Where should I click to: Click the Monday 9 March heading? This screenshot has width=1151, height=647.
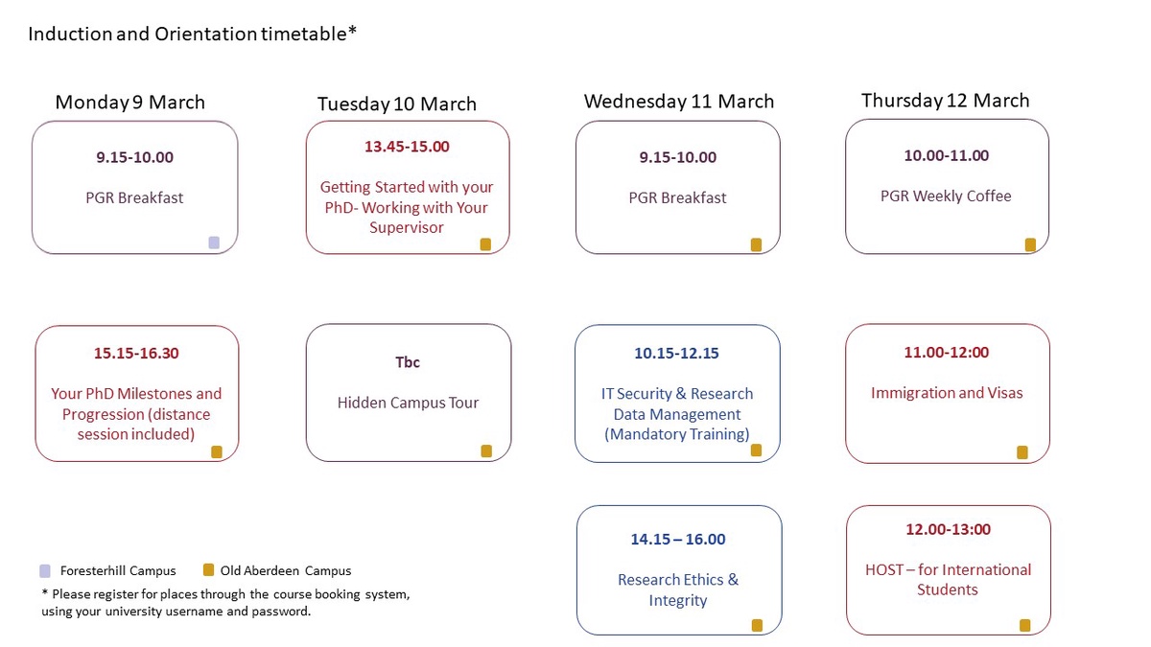point(130,103)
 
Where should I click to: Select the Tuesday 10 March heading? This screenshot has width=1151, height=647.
point(397,104)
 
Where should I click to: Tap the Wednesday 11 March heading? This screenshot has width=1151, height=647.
point(679,102)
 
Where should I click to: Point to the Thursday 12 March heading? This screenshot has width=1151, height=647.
point(946,101)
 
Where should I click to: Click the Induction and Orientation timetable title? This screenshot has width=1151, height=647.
point(193,34)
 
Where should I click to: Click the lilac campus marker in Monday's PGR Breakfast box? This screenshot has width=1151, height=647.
point(214,243)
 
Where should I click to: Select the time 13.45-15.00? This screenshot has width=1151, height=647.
point(407,147)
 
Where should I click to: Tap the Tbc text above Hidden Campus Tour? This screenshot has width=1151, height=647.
point(408,362)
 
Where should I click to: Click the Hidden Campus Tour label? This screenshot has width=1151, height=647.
point(408,403)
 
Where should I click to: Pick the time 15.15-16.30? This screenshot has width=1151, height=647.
point(136,353)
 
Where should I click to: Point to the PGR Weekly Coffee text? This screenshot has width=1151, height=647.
point(946,196)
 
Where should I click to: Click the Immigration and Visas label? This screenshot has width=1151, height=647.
point(947,393)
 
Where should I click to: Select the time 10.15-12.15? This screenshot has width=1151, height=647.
point(676,353)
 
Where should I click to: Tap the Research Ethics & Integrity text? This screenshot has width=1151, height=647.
point(678,589)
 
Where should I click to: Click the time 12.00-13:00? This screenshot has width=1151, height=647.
point(948,529)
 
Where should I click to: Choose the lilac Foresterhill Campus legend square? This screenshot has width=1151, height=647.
point(45,570)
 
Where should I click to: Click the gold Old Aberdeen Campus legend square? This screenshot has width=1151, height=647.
point(208,570)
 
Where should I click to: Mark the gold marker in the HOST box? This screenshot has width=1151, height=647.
point(1024,626)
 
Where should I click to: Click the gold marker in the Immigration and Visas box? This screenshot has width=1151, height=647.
point(1022,451)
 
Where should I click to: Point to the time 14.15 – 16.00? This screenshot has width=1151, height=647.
point(678,540)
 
